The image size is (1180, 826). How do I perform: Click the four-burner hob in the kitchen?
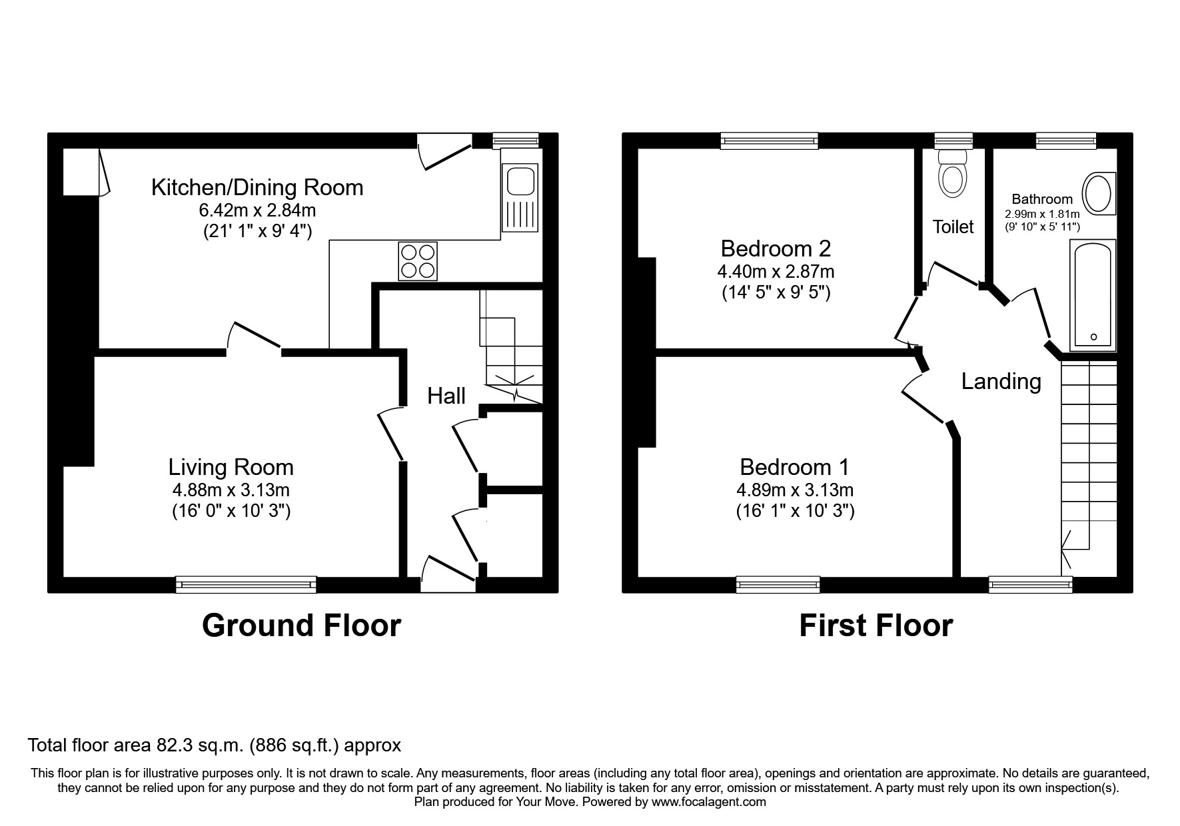tap(418, 260)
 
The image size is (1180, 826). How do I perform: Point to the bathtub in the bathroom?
tap(1093, 295)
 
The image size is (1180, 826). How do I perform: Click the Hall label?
tap(446, 396)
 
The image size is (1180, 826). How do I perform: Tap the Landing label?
tap(1001, 381)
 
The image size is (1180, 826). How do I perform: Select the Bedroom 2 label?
tap(776, 248)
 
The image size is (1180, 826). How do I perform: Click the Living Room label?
tap(231, 467)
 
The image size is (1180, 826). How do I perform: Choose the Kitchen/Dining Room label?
tap(257, 187)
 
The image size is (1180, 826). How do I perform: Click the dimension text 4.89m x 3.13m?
tap(795, 490)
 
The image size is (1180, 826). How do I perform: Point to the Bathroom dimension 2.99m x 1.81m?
tap(1042, 214)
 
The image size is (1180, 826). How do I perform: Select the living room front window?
tap(246, 584)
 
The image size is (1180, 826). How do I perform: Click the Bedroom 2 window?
tap(769, 140)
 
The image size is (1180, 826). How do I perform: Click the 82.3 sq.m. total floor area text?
tap(215, 744)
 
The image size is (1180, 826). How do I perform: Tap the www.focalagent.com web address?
tap(708, 802)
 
